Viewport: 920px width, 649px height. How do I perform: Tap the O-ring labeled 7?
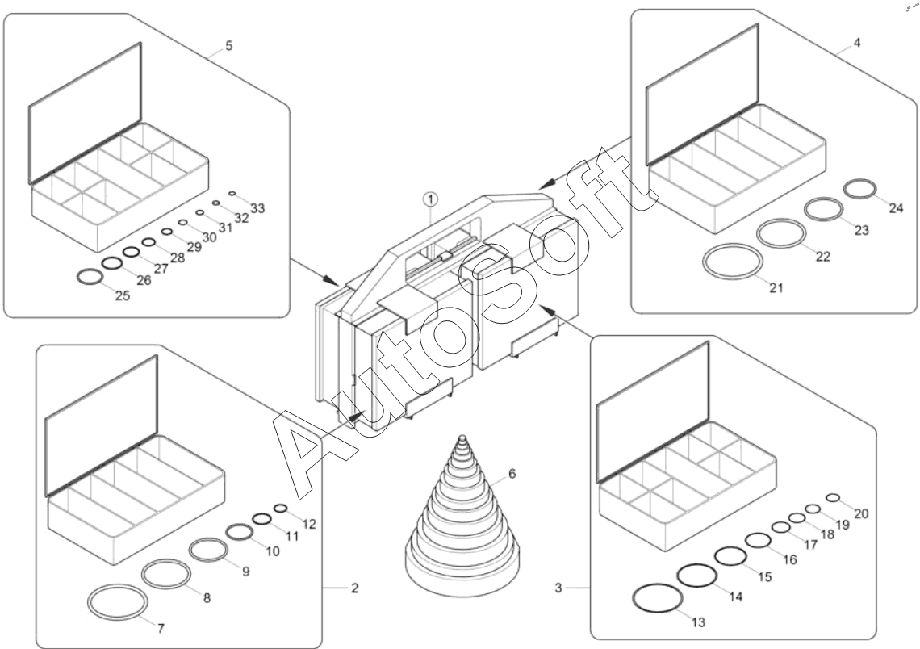coord(118,601)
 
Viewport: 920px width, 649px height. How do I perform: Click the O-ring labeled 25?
coord(90,277)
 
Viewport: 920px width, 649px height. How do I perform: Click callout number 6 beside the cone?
coord(512,473)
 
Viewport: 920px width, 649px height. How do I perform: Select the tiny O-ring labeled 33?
coord(232,194)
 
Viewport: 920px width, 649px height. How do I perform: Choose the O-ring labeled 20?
coord(834,498)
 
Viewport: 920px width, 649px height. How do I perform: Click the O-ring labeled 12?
coord(281,508)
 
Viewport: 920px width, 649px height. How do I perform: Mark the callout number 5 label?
coord(229,46)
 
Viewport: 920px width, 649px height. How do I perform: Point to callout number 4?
coord(856,43)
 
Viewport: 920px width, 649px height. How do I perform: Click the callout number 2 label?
coord(354,588)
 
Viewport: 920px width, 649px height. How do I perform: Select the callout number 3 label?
coord(558,588)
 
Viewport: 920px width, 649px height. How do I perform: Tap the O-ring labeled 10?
coord(239,532)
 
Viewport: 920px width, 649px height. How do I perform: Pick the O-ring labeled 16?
coord(758,540)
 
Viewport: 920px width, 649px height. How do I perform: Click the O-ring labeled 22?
coord(781,234)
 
